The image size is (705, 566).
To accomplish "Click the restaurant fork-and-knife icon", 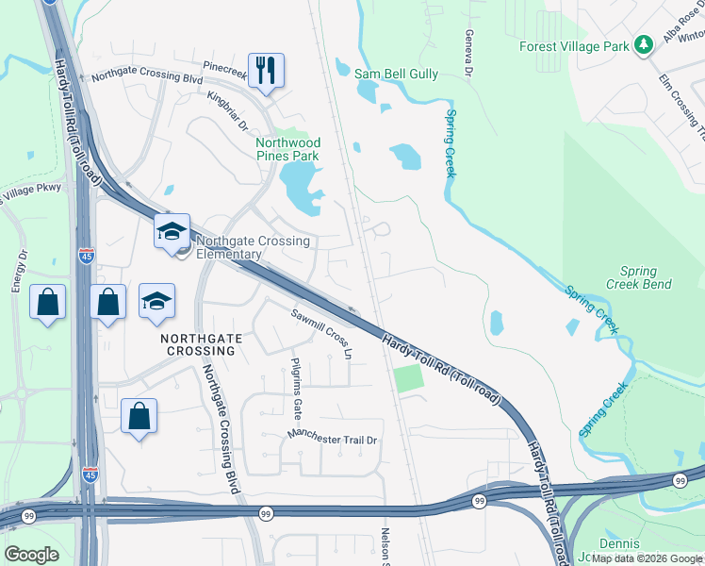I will click(266, 70).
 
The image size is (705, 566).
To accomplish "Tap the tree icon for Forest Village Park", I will click(644, 44).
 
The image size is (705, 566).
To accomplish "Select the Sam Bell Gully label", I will click(396, 73).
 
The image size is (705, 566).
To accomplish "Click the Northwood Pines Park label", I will click(288, 149).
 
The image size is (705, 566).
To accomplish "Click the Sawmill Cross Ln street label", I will click(321, 334).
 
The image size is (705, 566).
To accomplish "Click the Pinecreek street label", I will click(223, 69).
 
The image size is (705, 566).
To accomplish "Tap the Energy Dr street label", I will click(17, 271).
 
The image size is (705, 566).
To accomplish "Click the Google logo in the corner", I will click(31, 555).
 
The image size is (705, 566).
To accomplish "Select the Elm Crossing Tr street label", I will click(682, 104).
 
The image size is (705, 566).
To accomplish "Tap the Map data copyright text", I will click(647, 558).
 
